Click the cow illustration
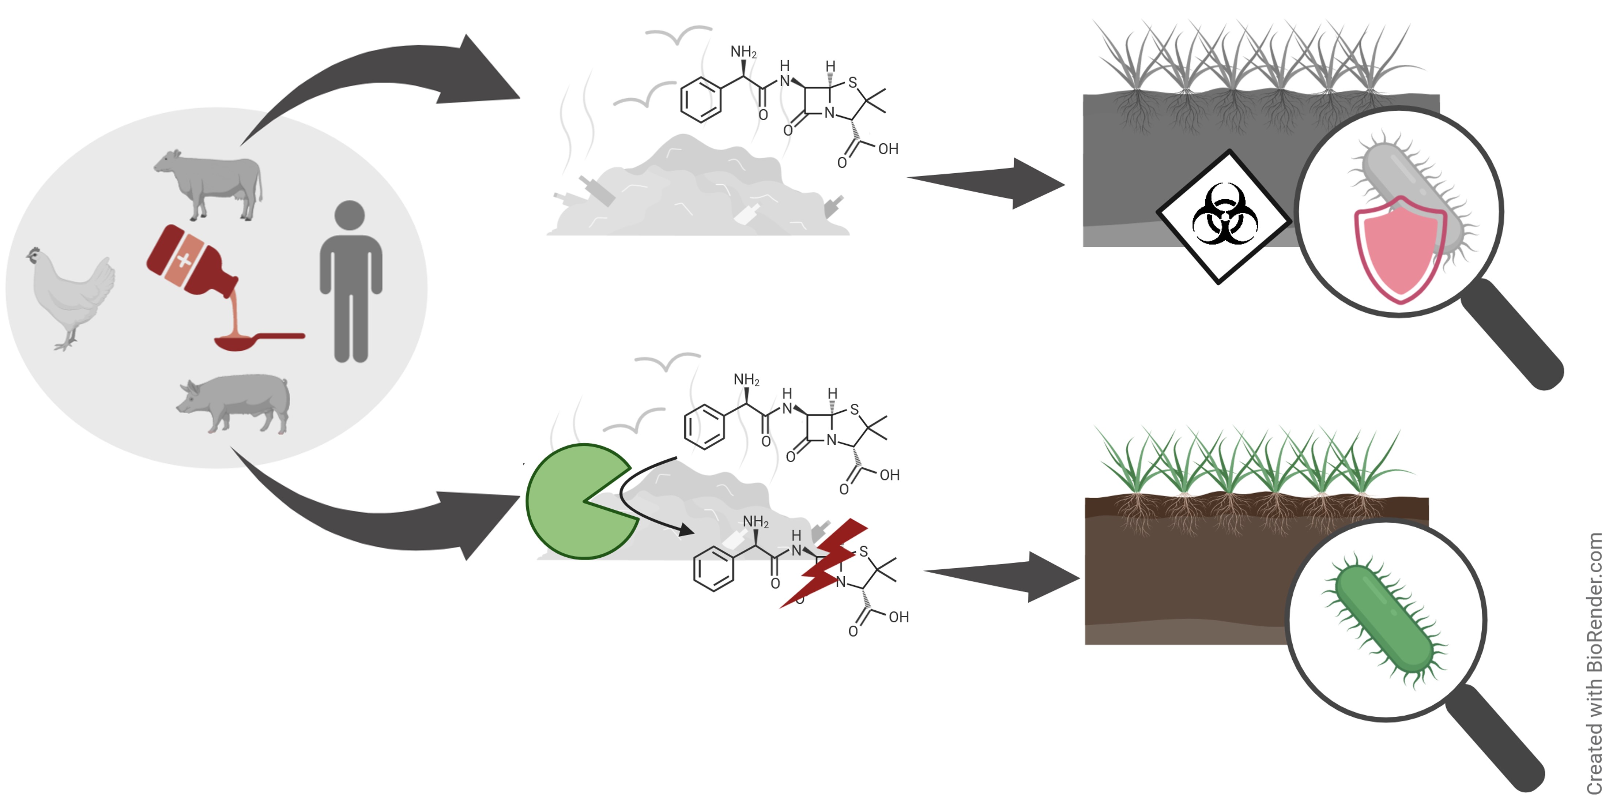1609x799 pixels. point(209,184)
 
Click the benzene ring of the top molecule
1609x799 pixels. point(700,99)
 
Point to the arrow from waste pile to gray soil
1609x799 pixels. point(987,182)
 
